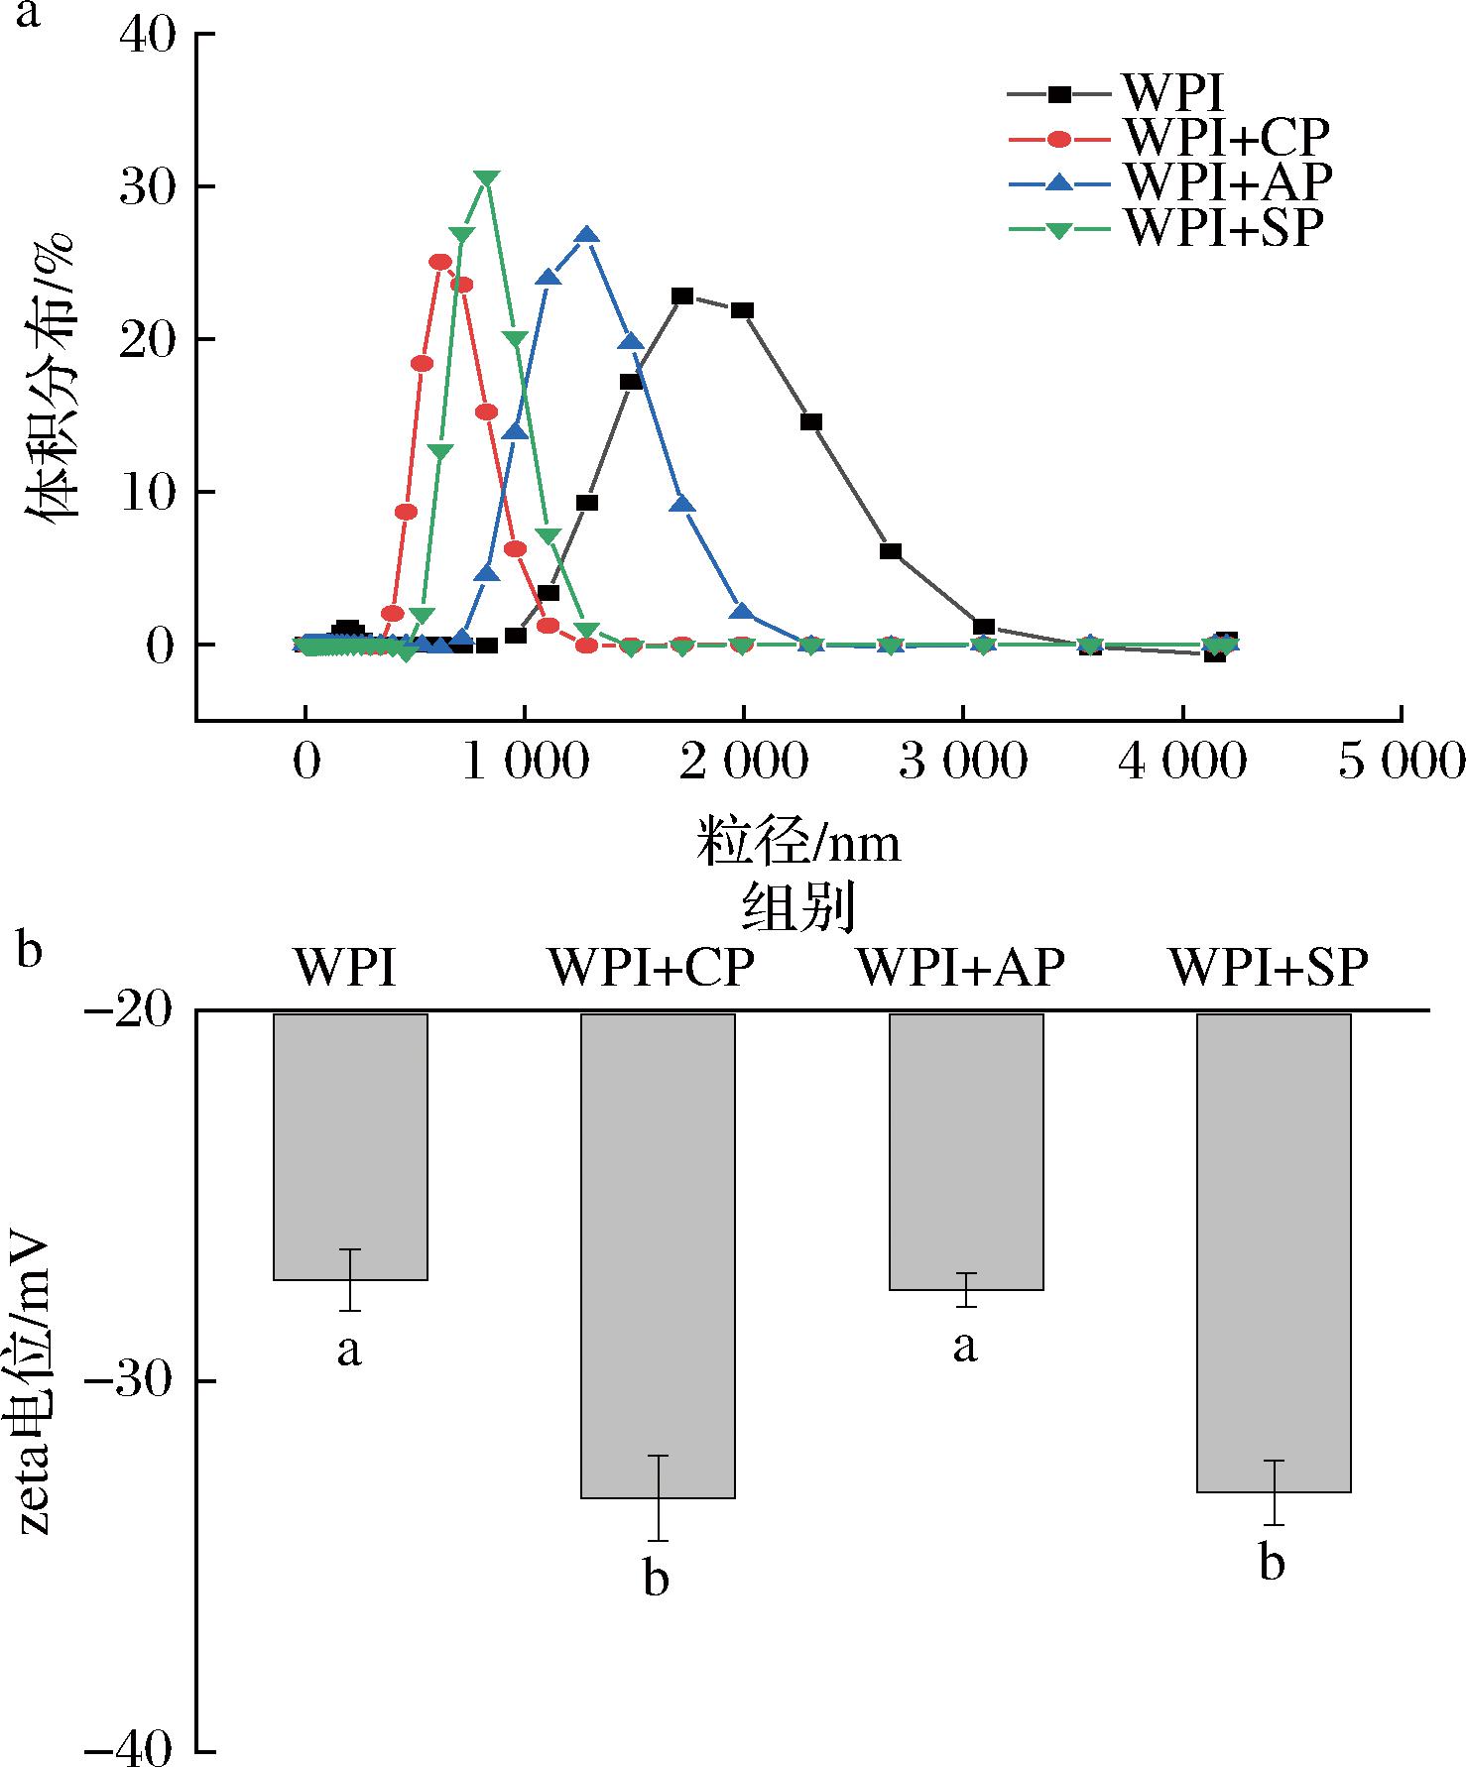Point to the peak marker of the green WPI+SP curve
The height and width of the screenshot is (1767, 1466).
tap(486, 178)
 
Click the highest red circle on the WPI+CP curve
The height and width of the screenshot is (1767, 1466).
tap(440, 262)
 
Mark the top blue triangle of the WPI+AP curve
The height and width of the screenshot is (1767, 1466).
tap(586, 236)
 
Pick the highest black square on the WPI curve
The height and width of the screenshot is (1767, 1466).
tap(682, 295)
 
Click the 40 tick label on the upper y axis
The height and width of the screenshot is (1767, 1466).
tap(146, 36)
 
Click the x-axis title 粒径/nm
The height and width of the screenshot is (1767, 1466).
tap(798, 844)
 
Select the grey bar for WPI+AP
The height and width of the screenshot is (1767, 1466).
tap(966, 1150)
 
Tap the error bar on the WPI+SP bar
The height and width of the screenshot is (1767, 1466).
tap(1274, 1491)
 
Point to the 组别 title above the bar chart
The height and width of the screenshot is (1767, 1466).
tap(798, 908)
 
